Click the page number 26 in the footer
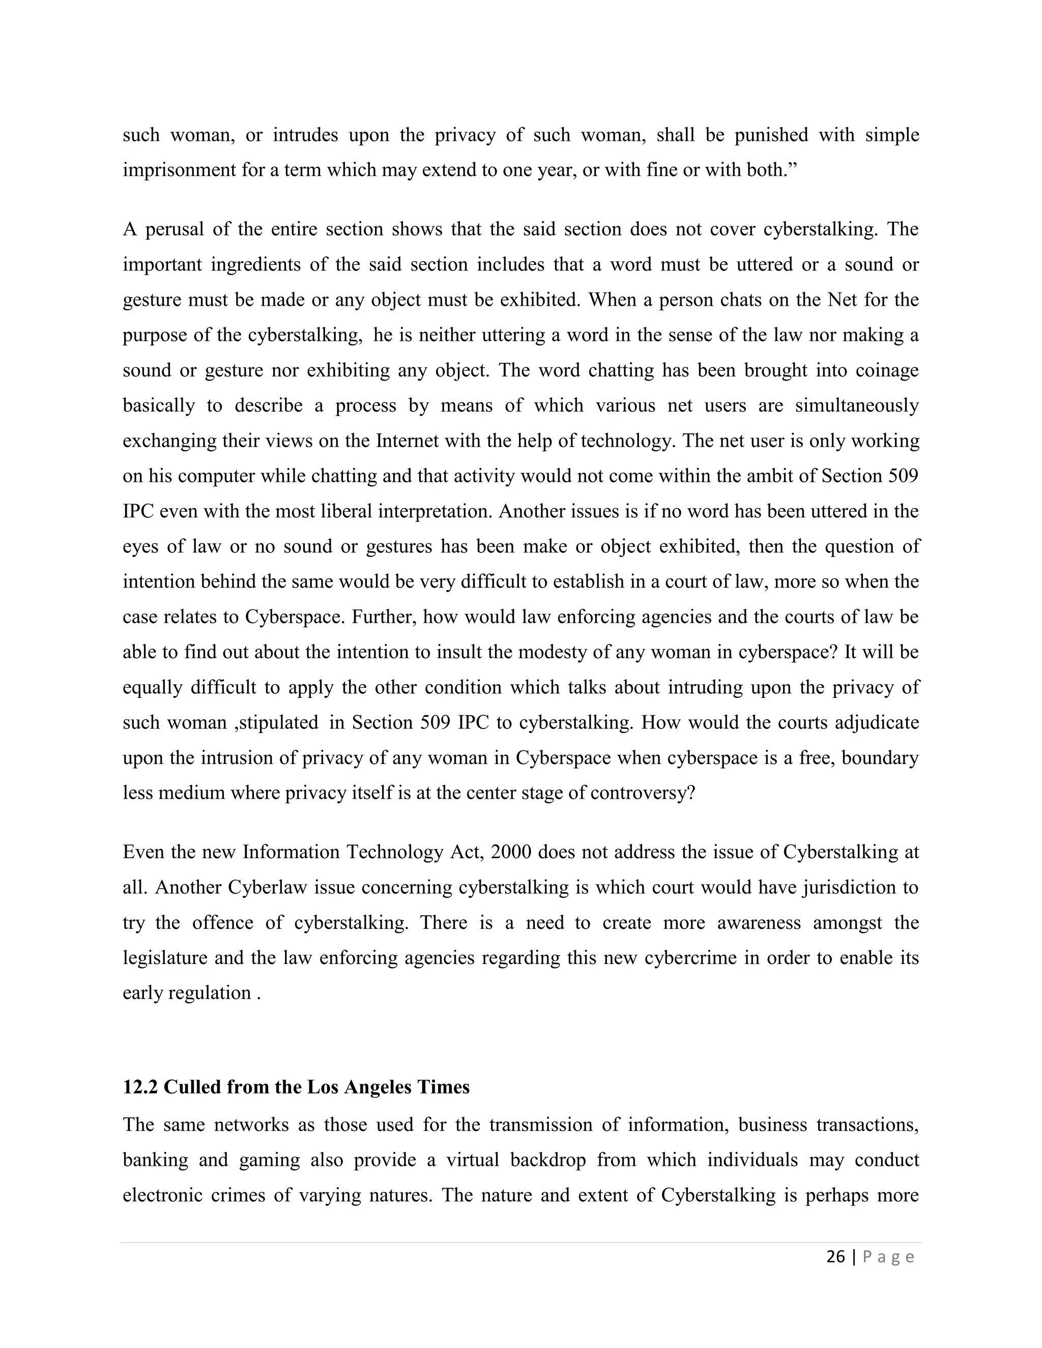click(x=835, y=1256)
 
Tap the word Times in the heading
click(x=444, y=1087)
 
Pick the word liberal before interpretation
click(x=344, y=511)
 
